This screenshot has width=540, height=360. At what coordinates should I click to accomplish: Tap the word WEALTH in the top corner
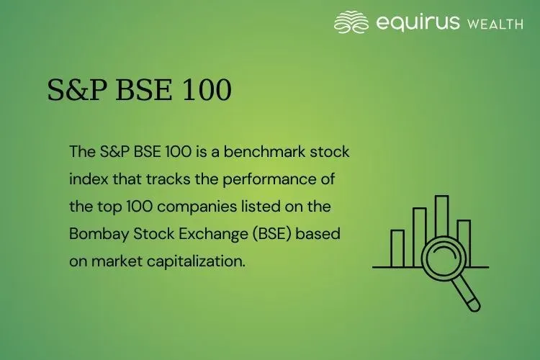coord(495,24)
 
